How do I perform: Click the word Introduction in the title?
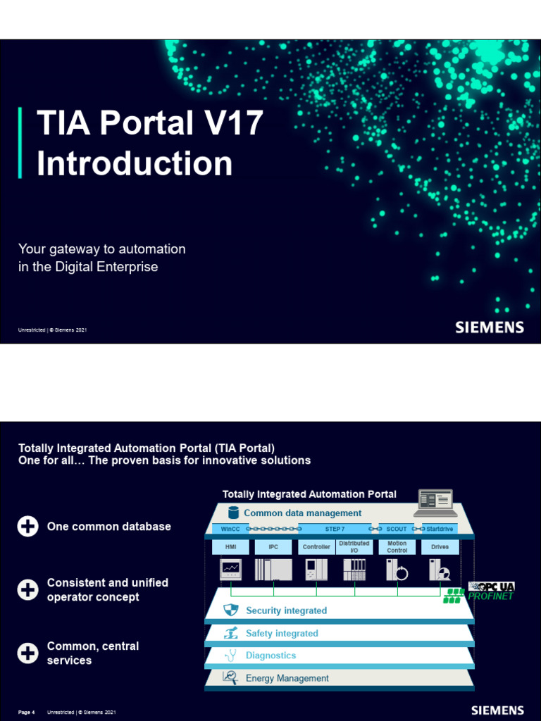point(134,163)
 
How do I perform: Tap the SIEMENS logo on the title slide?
point(489,327)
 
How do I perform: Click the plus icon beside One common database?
point(28,527)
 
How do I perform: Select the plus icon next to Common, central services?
point(28,653)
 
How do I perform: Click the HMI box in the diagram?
point(230,547)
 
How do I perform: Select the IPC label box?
point(273,547)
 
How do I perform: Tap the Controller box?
point(316,547)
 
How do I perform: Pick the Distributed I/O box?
point(354,547)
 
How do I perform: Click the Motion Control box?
point(397,547)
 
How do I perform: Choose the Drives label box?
point(440,547)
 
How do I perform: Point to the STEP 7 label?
point(335,529)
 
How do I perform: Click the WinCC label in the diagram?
point(230,529)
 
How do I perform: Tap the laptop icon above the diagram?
point(435,500)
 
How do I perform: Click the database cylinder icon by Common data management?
point(233,513)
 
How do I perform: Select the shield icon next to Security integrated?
point(231,610)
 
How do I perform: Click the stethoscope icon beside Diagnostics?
point(230,656)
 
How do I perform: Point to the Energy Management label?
point(287,678)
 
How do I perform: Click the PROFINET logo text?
point(490,596)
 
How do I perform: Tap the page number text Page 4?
point(27,713)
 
